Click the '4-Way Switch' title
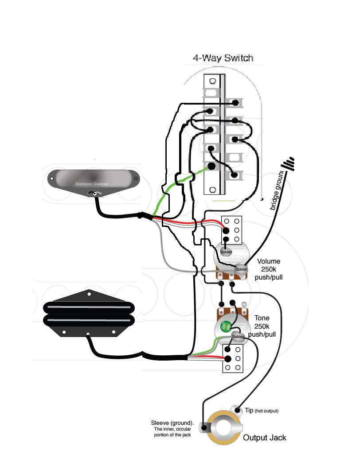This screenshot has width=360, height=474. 223,58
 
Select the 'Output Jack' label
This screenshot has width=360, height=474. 265,438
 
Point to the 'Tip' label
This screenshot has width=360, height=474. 249,411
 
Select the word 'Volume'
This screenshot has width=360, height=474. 269,261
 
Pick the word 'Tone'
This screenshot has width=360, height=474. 262,318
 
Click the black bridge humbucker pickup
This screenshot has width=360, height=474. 88,313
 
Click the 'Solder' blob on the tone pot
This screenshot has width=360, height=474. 238,337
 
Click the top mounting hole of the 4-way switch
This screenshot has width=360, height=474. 213,81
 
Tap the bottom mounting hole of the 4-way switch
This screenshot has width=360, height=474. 213,190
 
